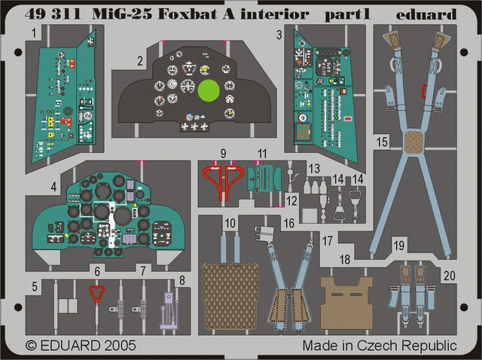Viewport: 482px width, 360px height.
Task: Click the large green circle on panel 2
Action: tap(209, 91)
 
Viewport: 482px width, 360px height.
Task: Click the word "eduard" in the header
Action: tap(426, 14)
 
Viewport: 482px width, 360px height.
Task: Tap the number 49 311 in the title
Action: tap(53, 14)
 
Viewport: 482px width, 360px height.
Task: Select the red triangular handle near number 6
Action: tap(97, 294)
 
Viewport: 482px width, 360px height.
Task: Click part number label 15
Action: tap(382, 142)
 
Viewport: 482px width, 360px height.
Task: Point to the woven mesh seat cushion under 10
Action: tap(230, 295)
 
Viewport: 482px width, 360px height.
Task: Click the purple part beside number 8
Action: tap(169, 310)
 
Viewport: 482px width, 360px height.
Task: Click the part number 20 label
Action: tap(449, 276)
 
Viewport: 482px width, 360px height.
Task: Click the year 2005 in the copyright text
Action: tap(120, 346)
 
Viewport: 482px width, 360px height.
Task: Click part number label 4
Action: tap(53, 187)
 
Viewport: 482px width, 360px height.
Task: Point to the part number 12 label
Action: tap(291, 201)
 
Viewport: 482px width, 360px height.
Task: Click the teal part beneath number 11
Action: tap(264, 178)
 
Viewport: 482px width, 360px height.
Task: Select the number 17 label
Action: tap(327, 241)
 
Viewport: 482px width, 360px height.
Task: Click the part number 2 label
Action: tap(140, 61)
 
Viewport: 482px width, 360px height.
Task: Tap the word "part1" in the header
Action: tap(347, 14)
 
